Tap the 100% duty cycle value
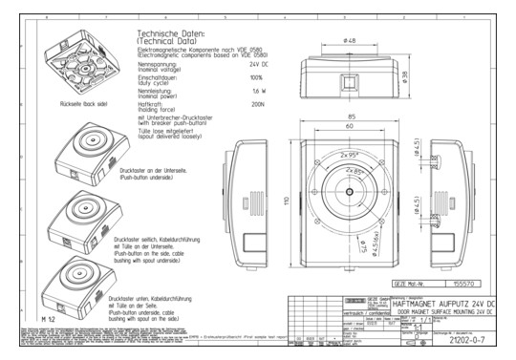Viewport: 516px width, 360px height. (255, 77)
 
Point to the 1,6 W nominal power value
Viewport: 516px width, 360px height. (255, 92)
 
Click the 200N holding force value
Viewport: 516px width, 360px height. (255, 105)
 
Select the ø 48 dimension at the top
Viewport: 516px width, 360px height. (350, 41)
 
